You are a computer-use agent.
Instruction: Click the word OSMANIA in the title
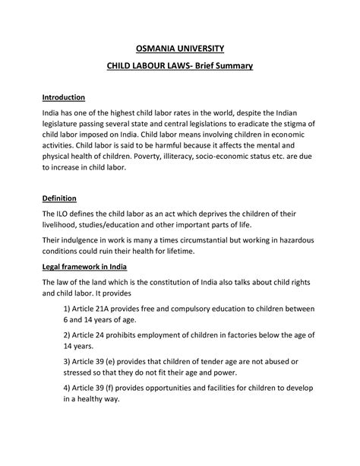[156, 47]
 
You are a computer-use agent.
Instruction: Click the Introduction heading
[63, 98]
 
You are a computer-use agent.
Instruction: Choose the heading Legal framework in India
[84, 266]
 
